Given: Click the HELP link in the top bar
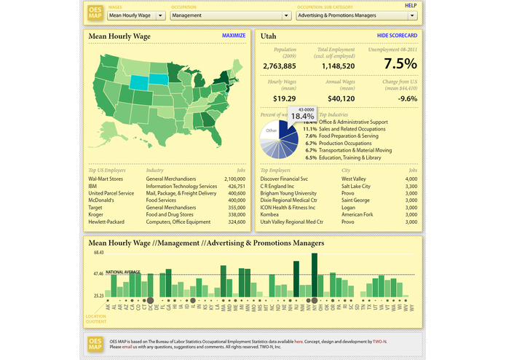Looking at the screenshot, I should tap(411, 6).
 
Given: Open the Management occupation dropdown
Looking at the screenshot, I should tap(231, 15).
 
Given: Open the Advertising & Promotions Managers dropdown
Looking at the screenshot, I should tap(357, 15).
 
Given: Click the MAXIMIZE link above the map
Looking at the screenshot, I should tap(234, 36).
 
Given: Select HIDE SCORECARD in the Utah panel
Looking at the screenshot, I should tap(397, 36).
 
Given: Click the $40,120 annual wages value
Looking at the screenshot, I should tap(341, 98).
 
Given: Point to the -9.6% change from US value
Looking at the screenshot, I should tap(408, 98).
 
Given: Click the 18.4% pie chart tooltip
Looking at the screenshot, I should tap(302, 114).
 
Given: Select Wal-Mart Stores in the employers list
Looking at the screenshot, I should tap(106, 178).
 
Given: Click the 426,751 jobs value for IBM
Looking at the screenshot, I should tap(234, 186).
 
